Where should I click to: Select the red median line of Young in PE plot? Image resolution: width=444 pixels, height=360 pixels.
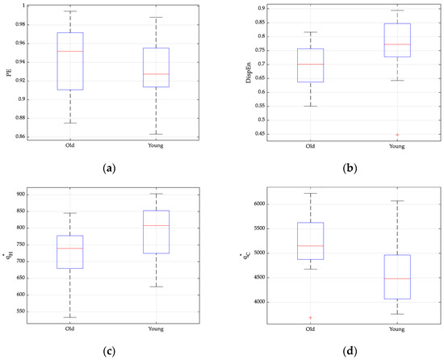tap(157, 74)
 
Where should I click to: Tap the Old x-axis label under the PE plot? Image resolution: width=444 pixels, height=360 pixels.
tap(70, 146)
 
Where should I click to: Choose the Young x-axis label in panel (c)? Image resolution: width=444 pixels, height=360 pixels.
tap(157, 329)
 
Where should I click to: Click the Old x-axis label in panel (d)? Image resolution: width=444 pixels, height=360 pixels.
tap(310, 329)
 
